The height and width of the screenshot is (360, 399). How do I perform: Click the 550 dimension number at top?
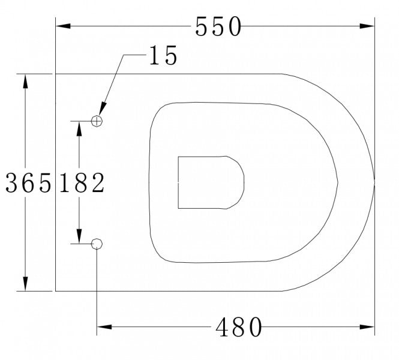click(218, 26)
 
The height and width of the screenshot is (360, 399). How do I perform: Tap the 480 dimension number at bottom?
click(239, 328)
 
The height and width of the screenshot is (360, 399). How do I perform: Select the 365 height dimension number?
click(28, 183)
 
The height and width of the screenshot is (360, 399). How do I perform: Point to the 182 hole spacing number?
click(82, 183)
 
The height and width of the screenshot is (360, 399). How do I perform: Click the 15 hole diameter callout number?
click(163, 56)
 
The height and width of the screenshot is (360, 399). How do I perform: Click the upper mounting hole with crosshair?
click(97, 121)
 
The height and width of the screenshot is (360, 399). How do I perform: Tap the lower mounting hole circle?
click(97, 243)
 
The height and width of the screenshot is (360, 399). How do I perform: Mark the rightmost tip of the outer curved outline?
click(374, 182)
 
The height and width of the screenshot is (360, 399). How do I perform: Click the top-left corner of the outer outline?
click(56, 74)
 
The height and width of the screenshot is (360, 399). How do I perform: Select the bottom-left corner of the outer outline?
click(56, 291)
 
